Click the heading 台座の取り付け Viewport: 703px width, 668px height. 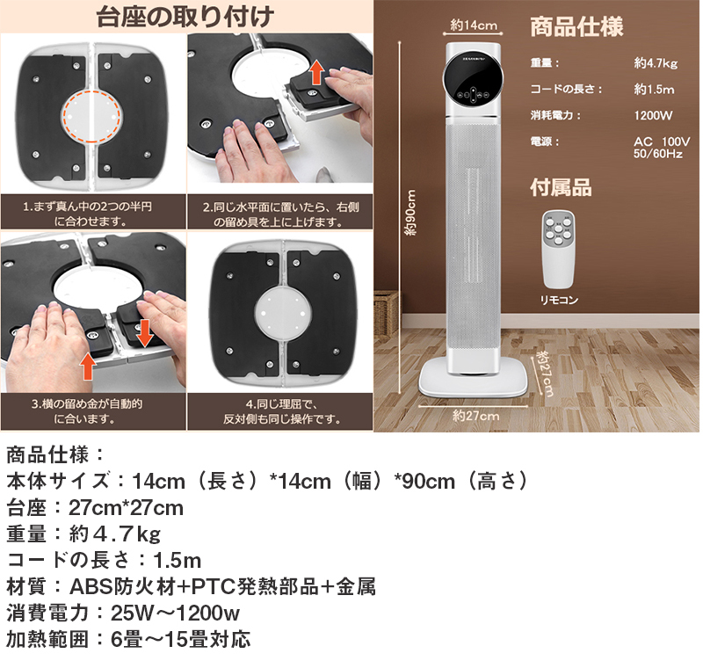186,17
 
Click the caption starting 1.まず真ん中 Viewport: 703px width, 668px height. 91,214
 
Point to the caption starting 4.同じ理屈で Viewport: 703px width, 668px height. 279,411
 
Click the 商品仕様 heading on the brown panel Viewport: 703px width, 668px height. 576,27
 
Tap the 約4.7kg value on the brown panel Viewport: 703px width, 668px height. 655,63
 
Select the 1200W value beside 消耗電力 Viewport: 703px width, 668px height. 653,115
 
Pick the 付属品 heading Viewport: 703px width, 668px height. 560,187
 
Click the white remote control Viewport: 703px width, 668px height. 559,250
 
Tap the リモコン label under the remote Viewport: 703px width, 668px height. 560,300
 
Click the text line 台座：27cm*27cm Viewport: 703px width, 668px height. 95,508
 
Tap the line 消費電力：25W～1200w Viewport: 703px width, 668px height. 124,613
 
